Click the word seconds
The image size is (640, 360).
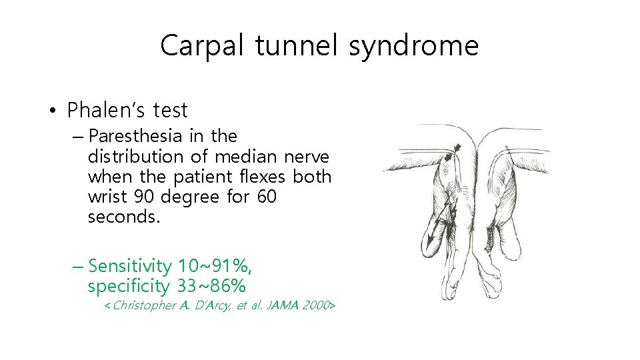click(124, 217)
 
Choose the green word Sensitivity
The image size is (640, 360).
click(130, 266)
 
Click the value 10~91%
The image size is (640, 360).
click(215, 266)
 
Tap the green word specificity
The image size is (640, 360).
click(129, 287)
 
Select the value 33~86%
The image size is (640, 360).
click(211, 287)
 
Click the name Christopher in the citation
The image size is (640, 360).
click(145, 305)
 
